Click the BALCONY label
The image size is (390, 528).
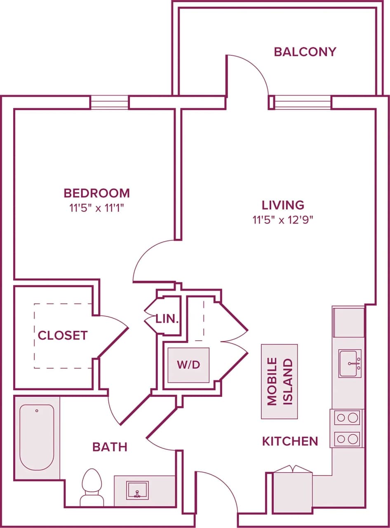click(x=305, y=52)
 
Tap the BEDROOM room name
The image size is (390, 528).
click(x=96, y=193)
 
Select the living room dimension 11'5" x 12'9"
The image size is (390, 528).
click(x=283, y=220)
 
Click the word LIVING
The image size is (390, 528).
click(x=283, y=205)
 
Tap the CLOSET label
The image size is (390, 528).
click(x=63, y=335)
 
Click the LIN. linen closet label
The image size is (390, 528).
click(x=167, y=318)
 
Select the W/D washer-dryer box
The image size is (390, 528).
click(x=188, y=365)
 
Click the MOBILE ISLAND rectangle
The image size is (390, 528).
click(x=279, y=382)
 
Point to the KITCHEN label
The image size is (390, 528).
click(x=290, y=441)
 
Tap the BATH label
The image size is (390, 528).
click(x=110, y=447)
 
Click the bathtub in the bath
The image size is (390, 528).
click(x=37, y=437)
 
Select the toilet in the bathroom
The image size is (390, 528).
click(x=92, y=487)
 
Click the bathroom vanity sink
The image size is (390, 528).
click(x=137, y=490)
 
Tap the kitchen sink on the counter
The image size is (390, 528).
click(x=350, y=363)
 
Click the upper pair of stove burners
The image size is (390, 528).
click(x=346, y=418)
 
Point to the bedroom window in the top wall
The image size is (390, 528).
click(x=109, y=102)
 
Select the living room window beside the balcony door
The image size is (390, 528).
click(x=303, y=102)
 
